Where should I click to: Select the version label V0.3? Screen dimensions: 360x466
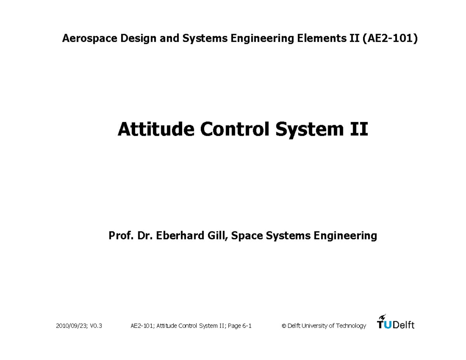click(x=95, y=326)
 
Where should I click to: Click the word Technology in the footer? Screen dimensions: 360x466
click(x=351, y=326)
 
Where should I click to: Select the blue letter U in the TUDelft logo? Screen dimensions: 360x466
click(x=387, y=325)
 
